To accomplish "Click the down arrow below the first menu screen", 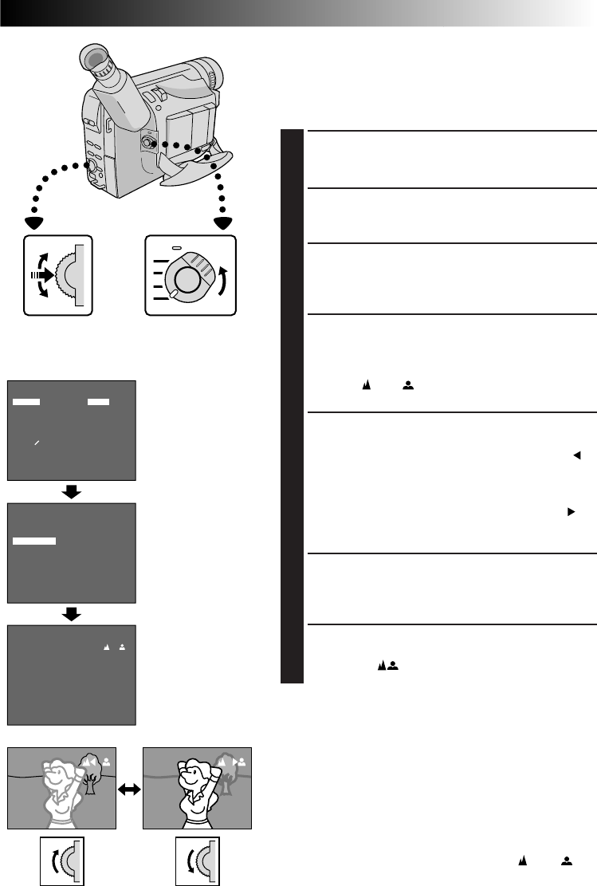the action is (x=72, y=492).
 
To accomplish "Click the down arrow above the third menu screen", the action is (x=72, y=615).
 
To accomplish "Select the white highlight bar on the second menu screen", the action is (x=34, y=541).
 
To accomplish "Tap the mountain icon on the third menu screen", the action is (x=107, y=647).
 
